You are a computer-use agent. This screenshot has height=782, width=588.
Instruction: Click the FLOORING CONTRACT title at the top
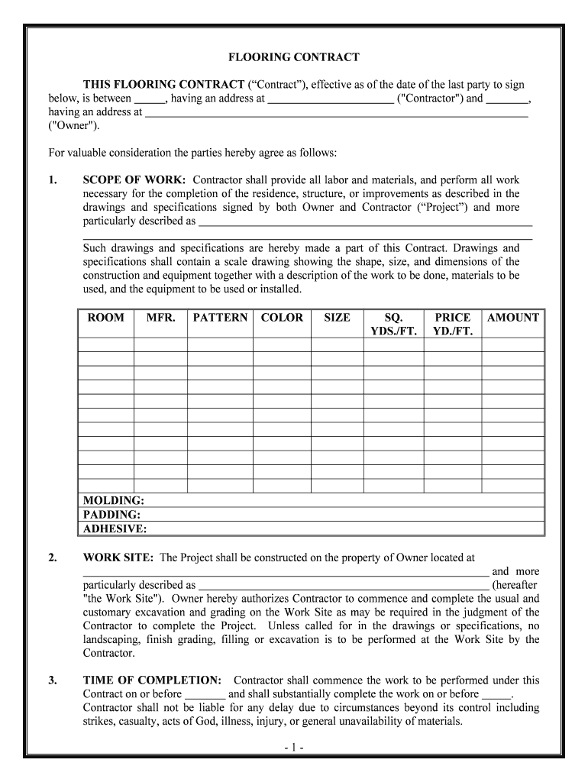(x=294, y=57)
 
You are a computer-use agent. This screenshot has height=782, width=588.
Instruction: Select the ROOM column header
(x=106, y=318)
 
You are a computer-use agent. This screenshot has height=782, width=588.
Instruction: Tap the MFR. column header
(x=160, y=318)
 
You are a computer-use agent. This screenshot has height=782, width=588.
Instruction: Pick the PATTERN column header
(x=220, y=318)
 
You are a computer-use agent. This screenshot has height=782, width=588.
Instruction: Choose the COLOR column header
(x=282, y=318)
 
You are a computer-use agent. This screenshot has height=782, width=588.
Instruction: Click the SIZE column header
(x=337, y=318)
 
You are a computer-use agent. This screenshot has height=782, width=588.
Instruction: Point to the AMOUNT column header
(x=513, y=318)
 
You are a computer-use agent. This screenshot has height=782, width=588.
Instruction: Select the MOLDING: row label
(x=114, y=501)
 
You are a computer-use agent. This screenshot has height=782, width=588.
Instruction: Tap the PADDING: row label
(x=111, y=515)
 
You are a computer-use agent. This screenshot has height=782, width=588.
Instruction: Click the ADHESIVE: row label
(x=115, y=528)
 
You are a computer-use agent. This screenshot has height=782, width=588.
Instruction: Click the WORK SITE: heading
(x=118, y=558)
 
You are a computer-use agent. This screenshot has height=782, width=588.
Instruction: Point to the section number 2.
(x=52, y=558)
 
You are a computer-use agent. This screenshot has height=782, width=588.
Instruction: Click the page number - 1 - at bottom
(x=294, y=748)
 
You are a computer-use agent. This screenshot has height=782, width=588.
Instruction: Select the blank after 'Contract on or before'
(x=205, y=695)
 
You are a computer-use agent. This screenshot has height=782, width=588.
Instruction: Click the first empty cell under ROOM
(x=106, y=344)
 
